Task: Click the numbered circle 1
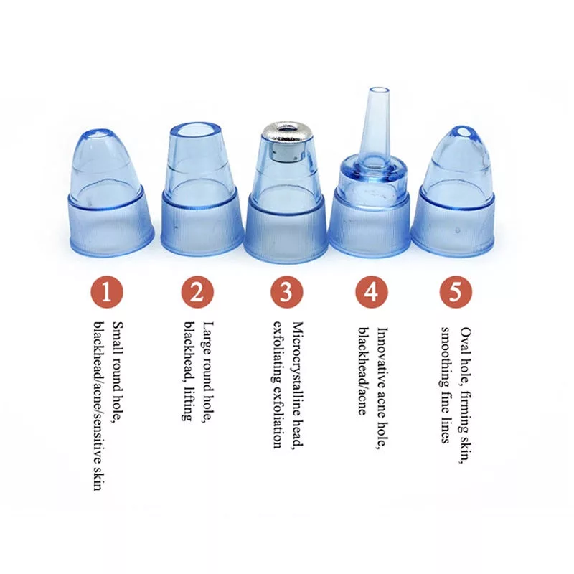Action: pos(107,293)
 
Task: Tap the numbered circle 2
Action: pos(197,293)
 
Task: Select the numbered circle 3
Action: pos(286,293)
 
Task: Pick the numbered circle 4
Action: pos(371,293)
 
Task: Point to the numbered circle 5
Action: pos(456,293)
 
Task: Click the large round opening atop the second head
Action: pos(195,131)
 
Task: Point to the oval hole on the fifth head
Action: pos(463,131)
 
